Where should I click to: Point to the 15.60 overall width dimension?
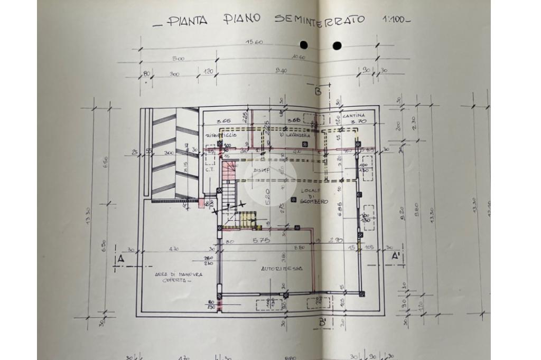pyautogui.click(x=254, y=42)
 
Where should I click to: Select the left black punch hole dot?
pyautogui.click(x=304, y=45)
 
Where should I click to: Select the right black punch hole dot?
pyautogui.click(x=337, y=45)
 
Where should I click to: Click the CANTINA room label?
pyautogui.click(x=354, y=115)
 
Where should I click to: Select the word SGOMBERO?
pyautogui.click(x=314, y=201)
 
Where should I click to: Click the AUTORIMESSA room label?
pyautogui.click(x=282, y=269)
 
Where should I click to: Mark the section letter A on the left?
pyautogui.click(x=120, y=259)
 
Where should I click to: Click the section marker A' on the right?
pyautogui.click(x=395, y=256)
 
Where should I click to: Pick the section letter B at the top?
pyautogui.click(x=318, y=90)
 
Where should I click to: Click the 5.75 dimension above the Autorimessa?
pyautogui.click(x=261, y=240)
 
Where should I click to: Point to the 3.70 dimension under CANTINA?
pyautogui.click(x=358, y=122)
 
